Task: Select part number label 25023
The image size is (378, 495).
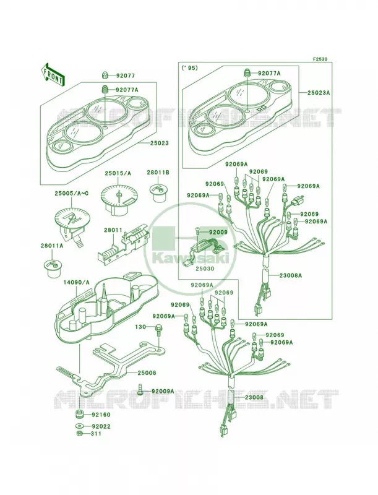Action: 159,143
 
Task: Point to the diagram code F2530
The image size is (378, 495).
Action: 320,59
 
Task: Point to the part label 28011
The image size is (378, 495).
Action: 113,230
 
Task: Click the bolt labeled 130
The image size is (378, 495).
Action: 158,331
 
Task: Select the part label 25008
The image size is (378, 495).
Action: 147,373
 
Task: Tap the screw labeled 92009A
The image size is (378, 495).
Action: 140,389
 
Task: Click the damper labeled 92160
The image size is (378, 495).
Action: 80,414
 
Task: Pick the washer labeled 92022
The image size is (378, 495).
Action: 80,426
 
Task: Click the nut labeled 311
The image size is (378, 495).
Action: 80,434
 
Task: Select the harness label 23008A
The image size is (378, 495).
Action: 290,275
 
